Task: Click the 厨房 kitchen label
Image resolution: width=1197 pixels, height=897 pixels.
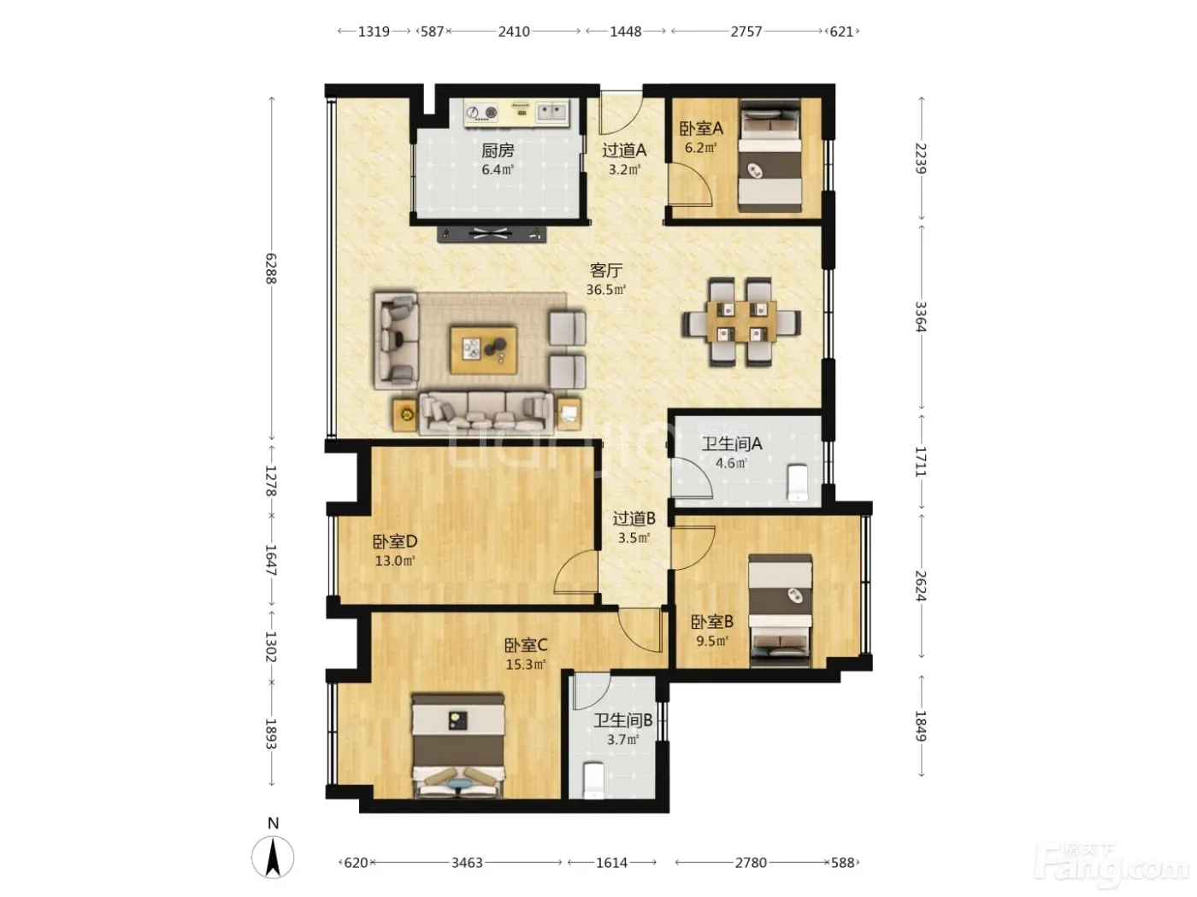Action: (x=498, y=150)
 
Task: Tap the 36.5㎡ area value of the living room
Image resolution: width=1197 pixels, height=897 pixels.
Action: (x=606, y=290)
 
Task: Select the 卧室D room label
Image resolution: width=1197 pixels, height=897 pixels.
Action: (x=395, y=542)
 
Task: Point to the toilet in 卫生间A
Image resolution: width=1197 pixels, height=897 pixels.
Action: (x=798, y=482)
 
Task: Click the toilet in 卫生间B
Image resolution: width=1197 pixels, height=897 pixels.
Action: (x=593, y=781)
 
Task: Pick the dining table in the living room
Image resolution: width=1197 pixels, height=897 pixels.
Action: (x=741, y=321)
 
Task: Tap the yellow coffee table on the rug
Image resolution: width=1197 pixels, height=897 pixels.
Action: (x=484, y=350)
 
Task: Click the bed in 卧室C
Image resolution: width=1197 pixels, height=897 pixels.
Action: (x=457, y=745)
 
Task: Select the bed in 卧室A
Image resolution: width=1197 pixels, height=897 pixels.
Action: (x=769, y=155)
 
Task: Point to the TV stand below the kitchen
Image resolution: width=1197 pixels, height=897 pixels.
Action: (x=492, y=234)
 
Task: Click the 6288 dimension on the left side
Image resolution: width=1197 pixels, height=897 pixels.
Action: (x=271, y=268)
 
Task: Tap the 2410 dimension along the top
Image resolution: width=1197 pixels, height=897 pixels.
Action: (x=514, y=32)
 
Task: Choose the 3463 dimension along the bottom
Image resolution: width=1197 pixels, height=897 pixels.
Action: (x=468, y=863)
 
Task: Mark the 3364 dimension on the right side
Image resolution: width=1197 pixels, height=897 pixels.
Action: (x=921, y=316)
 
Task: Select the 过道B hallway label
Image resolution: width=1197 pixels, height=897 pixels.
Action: (x=634, y=519)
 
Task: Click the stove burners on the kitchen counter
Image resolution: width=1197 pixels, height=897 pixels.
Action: (x=482, y=113)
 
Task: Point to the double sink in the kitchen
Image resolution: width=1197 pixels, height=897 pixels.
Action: (x=551, y=112)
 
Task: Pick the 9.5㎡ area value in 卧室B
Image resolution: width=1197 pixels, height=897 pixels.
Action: (x=711, y=641)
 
